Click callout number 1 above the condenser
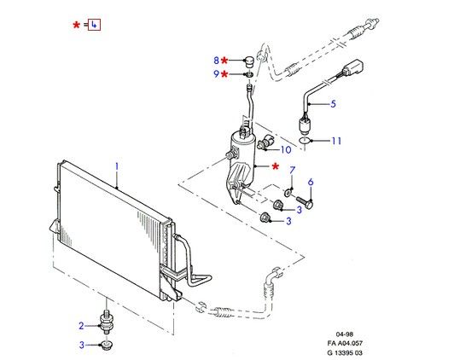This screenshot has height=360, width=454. [x=117, y=166]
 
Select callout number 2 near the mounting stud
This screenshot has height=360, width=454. [x=81, y=326]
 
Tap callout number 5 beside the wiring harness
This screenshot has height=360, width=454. [x=333, y=103]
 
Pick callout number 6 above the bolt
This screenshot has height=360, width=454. [x=311, y=182]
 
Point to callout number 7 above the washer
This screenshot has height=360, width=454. [x=292, y=170]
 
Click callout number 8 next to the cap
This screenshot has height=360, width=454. [x=216, y=61]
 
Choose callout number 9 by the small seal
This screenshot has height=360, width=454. [x=216, y=74]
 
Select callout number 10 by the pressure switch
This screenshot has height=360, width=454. [x=286, y=149]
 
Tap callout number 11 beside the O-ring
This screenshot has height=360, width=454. [x=336, y=141]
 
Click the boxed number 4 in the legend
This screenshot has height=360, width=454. [x=94, y=25]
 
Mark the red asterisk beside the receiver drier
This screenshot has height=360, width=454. [x=275, y=166]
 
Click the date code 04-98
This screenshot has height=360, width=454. [x=345, y=334]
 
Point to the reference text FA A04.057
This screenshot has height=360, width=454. [x=345, y=343]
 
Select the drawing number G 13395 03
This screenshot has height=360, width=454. [x=345, y=352]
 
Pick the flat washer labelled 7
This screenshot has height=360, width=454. [x=288, y=192]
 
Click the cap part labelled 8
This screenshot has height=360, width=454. [x=248, y=61]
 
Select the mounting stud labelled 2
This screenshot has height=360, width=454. [x=107, y=322]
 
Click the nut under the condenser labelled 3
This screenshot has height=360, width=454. [x=106, y=345]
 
